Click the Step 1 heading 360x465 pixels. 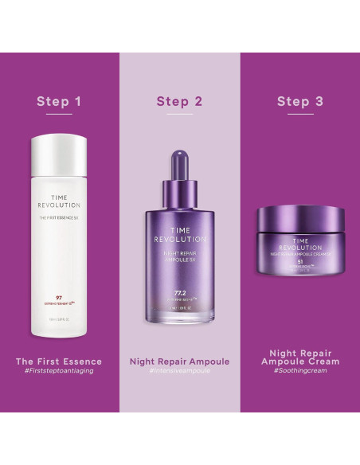coord(59,101)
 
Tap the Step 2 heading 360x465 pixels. coord(179,101)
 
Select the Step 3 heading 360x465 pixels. coord(299,101)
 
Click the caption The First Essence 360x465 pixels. coord(59,361)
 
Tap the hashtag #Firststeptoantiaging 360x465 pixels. coord(59,371)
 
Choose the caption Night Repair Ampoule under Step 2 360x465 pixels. coord(179,361)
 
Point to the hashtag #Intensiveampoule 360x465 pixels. coord(179,371)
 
